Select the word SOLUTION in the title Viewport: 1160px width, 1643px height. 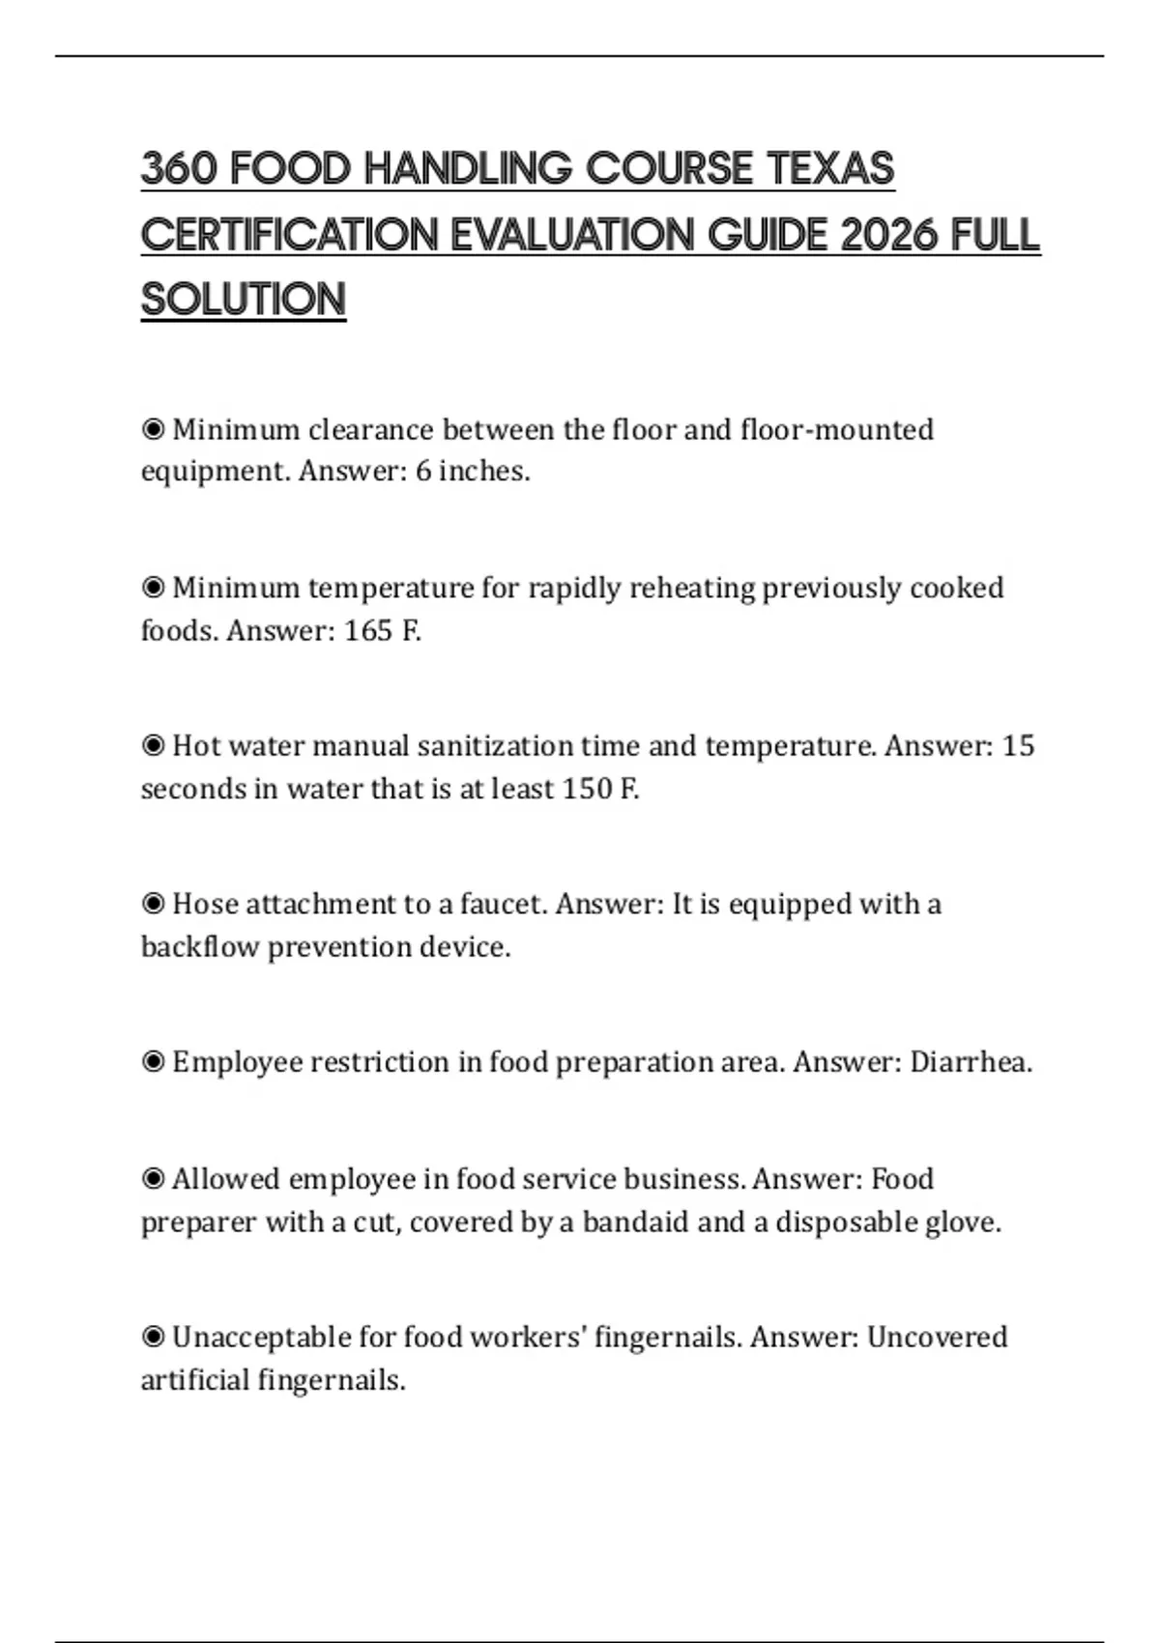[244, 299]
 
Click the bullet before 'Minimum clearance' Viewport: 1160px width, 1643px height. [153, 429]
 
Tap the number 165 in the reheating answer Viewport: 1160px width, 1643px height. [368, 630]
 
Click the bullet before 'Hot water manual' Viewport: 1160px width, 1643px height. [153, 745]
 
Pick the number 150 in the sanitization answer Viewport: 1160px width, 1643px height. [587, 789]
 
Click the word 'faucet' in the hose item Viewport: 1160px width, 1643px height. [503, 904]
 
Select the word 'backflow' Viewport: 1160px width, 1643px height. [200, 946]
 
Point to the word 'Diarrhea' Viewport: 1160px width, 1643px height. [971, 1062]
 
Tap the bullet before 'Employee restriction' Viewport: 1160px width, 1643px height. [153, 1062]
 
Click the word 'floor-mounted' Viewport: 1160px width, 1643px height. [837, 429]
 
